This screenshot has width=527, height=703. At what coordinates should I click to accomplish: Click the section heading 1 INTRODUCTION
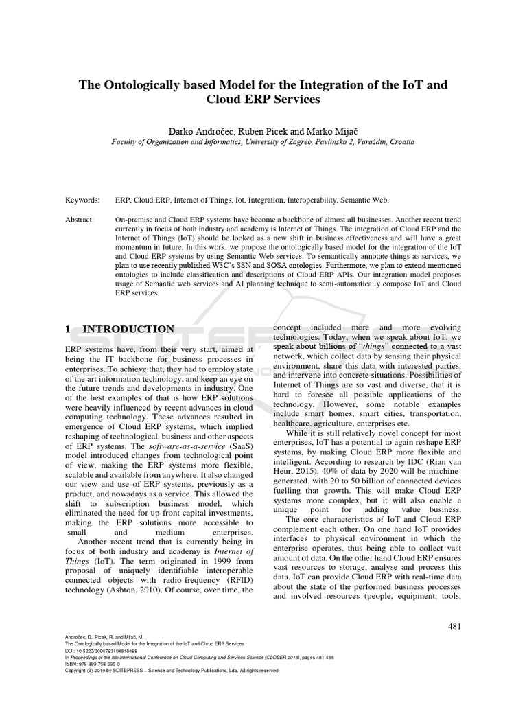tap(120, 329)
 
